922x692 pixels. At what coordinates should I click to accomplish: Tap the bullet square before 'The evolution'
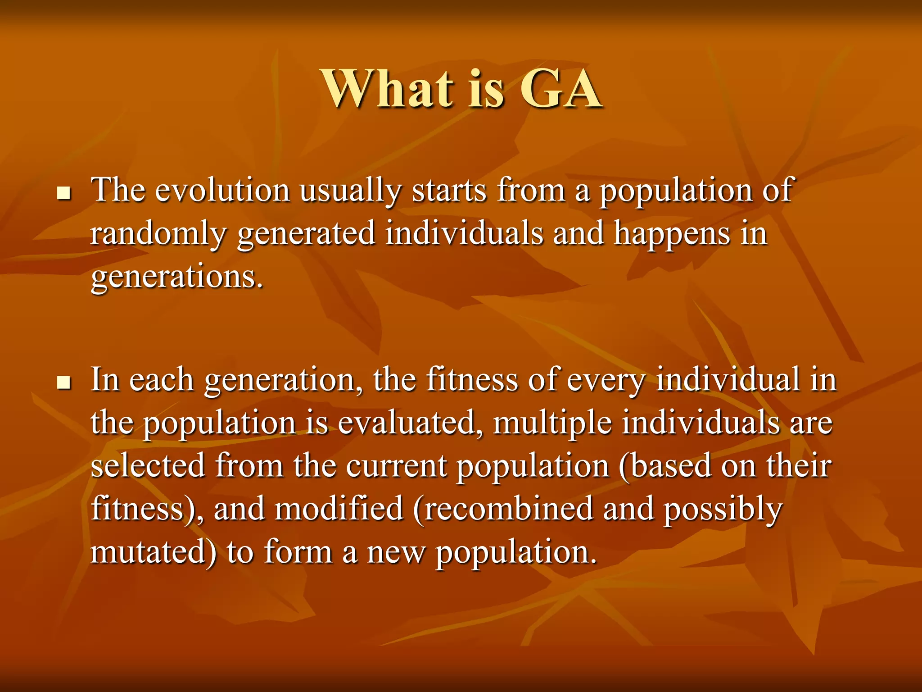pyautogui.click(x=64, y=194)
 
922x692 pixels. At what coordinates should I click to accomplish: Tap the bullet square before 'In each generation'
pyautogui.click(x=64, y=383)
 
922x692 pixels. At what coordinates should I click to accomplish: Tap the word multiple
pyautogui.click(x=552, y=424)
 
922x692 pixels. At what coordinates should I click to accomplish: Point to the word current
pyautogui.click(x=396, y=466)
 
